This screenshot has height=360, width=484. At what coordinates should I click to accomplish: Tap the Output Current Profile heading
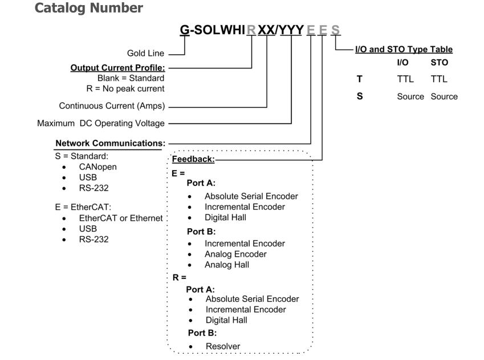pyautogui.click(x=125, y=67)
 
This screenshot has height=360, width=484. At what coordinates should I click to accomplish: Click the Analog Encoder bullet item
pyautogui.click(x=235, y=254)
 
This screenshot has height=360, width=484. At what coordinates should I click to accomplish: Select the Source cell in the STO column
pyautogui.click(x=444, y=96)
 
